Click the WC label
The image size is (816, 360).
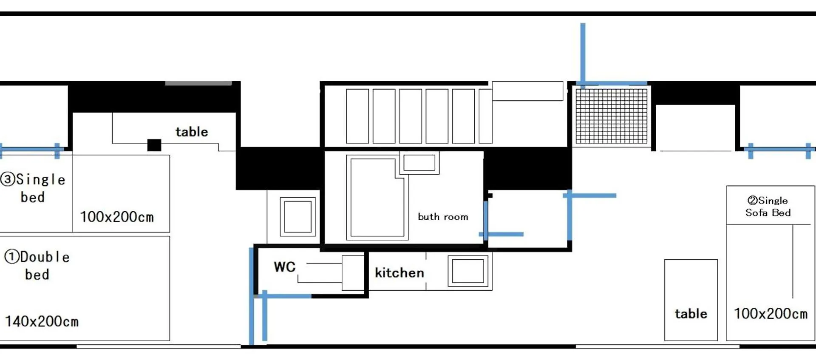(284, 267)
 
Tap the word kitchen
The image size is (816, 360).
(399, 272)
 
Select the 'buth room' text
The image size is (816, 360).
(443, 217)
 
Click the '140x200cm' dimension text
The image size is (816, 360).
(42, 321)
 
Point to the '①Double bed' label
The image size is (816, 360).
(37, 266)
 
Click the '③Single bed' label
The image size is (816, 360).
(33, 188)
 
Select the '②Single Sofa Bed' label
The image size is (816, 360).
(768, 207)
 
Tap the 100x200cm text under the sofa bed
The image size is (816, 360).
(771, 314)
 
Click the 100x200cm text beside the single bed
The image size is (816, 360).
(117, 217)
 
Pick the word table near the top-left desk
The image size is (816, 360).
(192, 132)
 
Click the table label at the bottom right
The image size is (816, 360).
(691, 314)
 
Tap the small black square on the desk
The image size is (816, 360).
(154, 145)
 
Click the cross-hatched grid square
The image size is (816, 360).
(612, 116)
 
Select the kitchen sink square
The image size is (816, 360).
(468, 271)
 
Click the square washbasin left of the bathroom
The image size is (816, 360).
(298, 217)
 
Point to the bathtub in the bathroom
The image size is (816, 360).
(377, 197)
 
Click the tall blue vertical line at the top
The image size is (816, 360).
(583, 54)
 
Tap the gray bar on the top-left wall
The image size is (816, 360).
(198, 83)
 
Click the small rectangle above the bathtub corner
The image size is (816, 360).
(419, 163)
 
